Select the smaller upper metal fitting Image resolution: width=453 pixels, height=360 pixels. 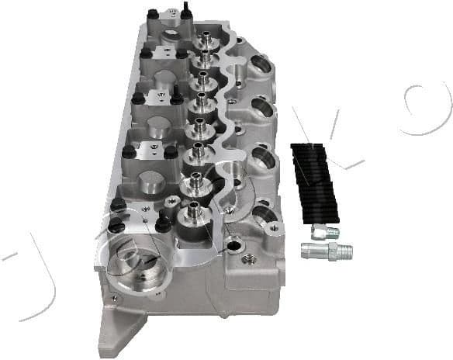click(325, 231)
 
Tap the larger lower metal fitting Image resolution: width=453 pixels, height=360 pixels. click(327, 250)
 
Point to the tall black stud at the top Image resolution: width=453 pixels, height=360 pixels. click(187, 11)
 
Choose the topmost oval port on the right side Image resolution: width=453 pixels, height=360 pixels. click(259, 64)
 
